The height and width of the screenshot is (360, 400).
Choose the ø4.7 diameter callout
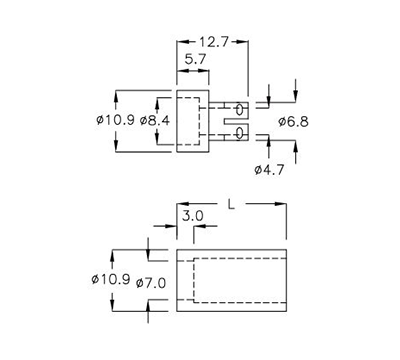pos(270,171)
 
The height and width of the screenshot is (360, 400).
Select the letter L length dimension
pos(232,204)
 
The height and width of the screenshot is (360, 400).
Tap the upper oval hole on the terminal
pos(240,106)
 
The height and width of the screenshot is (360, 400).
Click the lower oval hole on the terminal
pos(240,133)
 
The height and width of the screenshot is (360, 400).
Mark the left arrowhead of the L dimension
pos(179,204)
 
